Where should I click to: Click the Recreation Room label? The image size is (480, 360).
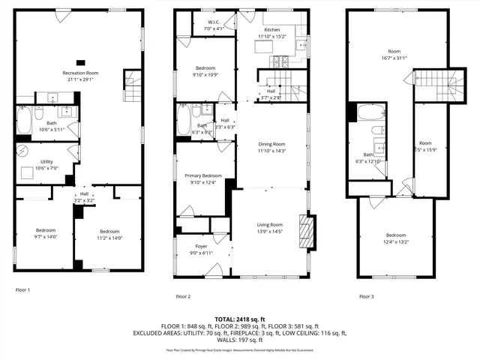click(x=80, y=73)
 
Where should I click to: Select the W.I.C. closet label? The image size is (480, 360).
click(x=214, y=22)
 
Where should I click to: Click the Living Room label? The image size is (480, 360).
click(x=270, y=224)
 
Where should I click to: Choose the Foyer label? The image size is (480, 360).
click(x=201, y=246)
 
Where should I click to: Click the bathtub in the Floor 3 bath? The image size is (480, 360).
click(x=370, y=113)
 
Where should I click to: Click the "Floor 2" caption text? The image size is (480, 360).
click(x=183, y=297)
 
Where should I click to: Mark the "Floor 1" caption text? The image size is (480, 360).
click(x=23, y=289)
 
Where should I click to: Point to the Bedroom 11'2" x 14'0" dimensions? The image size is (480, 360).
click(x=110, y=238)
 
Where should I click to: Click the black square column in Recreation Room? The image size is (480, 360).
click(x=81, y=62)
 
